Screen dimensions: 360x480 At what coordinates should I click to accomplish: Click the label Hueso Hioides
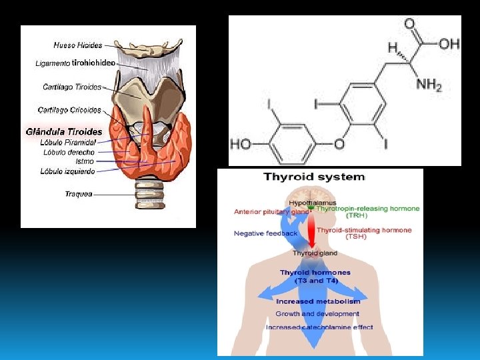coord(78,45)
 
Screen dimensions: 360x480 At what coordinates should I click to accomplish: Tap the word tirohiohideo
coord(93,63)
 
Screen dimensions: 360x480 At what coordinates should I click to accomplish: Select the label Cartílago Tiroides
coord(72,87)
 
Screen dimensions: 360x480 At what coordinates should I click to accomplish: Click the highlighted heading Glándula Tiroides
coord(64,131)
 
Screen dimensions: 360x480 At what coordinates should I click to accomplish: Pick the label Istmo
coord(85,161)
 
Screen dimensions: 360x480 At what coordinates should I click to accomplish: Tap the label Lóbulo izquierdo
coord(68,171)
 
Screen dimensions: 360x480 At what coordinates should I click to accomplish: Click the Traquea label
coord(79,194)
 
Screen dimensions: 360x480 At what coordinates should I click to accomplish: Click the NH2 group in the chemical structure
coord(429,85)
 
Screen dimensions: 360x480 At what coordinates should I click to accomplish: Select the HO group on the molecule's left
coord(241,143)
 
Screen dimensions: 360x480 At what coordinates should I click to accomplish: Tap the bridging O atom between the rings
coord(339,143)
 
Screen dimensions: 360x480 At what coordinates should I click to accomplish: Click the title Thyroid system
coord(315,177)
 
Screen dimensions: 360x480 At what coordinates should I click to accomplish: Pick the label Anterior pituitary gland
coord(271,212)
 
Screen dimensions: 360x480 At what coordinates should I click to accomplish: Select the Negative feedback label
coord(266,233)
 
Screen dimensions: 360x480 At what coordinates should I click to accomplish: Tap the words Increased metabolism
coord(318,301)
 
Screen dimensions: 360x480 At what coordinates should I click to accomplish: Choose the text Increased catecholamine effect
coord(319,327)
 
